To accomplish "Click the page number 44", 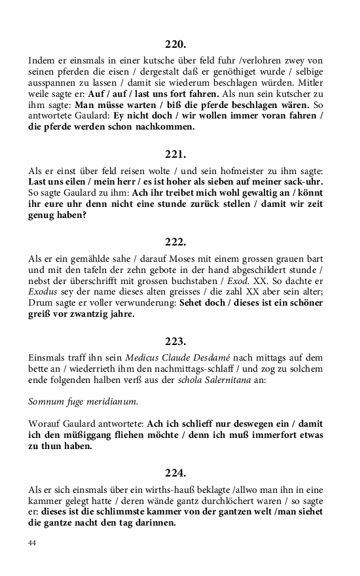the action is (33, 543).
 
